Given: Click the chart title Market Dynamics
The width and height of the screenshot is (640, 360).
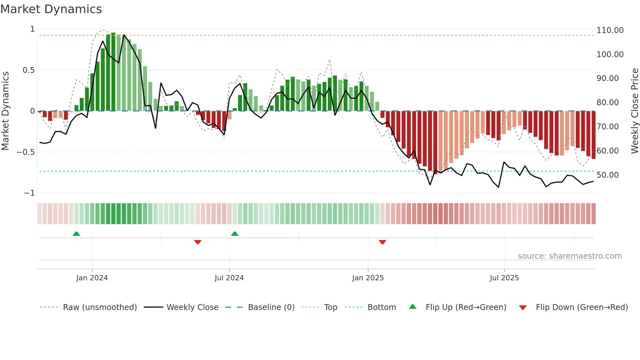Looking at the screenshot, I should pos(51,9).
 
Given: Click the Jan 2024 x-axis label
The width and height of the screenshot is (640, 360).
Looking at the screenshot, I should pos(92,278).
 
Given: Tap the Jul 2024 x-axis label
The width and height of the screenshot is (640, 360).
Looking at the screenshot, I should pos(229,278).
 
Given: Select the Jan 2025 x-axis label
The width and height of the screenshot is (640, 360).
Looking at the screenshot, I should pos(368,278).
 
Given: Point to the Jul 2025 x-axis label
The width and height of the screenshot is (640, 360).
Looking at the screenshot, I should pos(504,278).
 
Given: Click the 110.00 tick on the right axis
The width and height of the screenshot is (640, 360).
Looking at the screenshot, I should pos(610,30).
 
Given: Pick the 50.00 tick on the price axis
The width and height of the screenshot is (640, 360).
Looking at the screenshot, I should pos(607,175).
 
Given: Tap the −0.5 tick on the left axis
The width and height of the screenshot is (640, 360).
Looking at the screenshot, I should pos(25,152).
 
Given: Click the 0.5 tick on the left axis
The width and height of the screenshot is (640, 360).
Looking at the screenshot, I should pos(28,70).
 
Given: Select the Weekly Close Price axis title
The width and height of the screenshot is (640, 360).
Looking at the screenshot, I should pos(634,111).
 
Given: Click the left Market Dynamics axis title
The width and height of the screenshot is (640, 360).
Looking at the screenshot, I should pos(5,111).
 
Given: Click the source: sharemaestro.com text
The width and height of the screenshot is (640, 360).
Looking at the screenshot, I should pos(569,256).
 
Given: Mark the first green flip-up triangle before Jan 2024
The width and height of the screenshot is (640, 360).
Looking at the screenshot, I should pos(76,234).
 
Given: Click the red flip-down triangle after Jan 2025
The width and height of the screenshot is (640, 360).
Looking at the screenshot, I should pos(382,242).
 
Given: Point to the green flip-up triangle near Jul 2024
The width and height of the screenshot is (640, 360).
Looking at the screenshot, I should pos(234,234).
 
